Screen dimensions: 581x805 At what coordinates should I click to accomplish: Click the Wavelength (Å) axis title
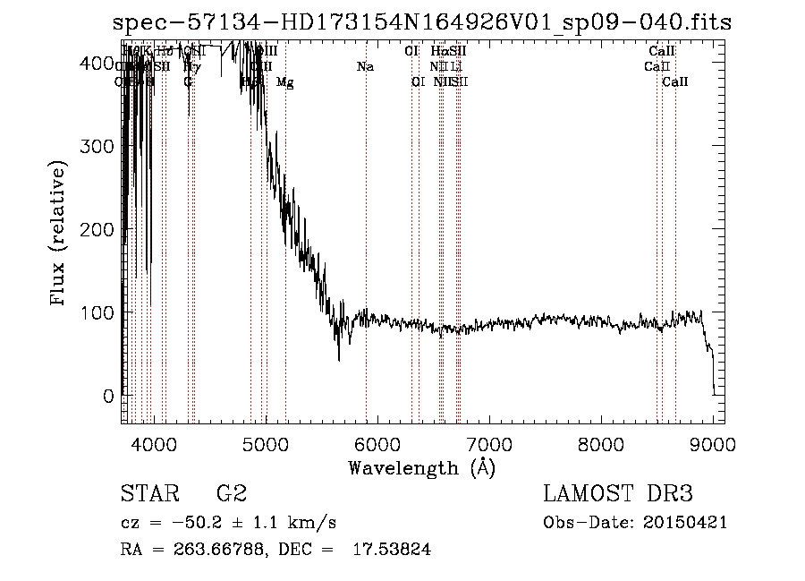pyautogui.click(x=421, y=466)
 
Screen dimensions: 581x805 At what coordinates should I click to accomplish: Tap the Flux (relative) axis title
pyautogui.click(x=59, y=235)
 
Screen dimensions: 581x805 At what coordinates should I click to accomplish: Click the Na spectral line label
pyautogui.click(x=365, y=67)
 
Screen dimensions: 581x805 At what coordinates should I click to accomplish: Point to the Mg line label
pyautogui.click(x=284, y=82)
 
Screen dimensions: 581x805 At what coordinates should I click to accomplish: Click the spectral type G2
pyautogui.click(x=231, y=494)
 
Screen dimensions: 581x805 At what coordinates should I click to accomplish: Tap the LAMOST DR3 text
pyautogui.click(x=618, y=494)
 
